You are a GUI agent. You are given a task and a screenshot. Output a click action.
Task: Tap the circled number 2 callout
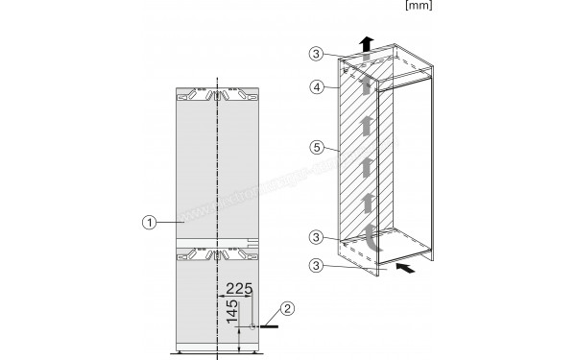[288, 309]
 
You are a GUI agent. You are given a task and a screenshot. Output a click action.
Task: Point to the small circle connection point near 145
[252, 326]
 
